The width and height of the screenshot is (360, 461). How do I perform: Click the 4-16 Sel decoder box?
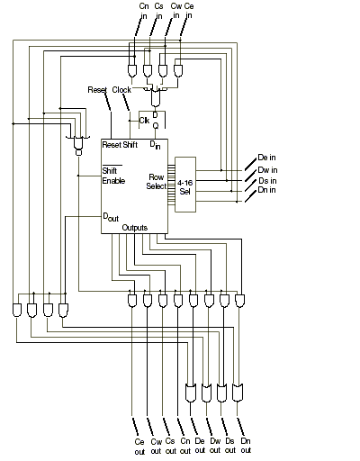coord(185,185)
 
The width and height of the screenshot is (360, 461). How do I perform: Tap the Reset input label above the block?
coord(97,90)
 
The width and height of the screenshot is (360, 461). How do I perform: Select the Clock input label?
coord(121,90)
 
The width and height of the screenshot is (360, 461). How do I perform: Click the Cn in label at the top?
coord(144,11)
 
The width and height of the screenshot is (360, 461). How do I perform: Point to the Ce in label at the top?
coord(189,11)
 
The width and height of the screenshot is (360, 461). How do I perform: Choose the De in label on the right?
coord(266,158)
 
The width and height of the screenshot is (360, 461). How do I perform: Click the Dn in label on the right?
coord(266,190)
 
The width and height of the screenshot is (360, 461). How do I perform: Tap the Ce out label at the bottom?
coord(139,447)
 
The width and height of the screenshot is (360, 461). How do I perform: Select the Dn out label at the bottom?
coord(246,446)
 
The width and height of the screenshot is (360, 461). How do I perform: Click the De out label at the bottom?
coord(200,446)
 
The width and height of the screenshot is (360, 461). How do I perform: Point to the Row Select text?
coord(157,182)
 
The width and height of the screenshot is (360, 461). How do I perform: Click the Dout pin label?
coord(111,217)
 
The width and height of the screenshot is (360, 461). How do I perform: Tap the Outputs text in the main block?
coord(135,228)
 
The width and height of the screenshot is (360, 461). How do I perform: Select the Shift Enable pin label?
coord(113,176)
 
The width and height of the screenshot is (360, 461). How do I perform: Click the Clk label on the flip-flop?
coord(144,121)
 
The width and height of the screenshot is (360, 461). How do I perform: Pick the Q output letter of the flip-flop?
coord(156,126)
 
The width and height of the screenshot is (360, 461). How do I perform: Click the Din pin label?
coord(155,145)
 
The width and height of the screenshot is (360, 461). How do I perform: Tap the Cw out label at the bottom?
coord(156,447)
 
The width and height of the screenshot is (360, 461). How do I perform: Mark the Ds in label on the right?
coord(267,181)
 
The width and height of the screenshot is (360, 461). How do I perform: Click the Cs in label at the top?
coord(158,11)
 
